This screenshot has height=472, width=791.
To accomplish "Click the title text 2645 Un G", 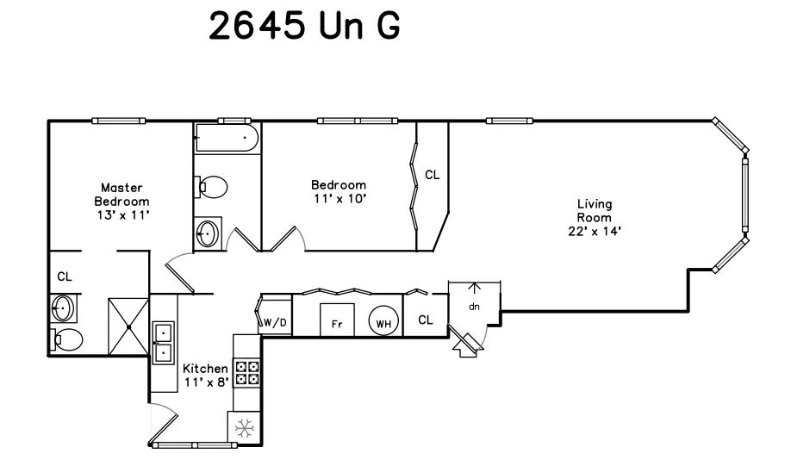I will click(x=305, y=27).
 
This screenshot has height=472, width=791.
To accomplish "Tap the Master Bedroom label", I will click(x=121, y=194).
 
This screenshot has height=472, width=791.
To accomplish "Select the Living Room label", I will click(x=595, y=211).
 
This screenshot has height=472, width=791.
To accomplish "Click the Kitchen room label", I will click(x=206, y=368).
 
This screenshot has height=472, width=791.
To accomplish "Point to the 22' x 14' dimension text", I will click(x=595, y=231).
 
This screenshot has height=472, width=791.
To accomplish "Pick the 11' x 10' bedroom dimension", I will click(x=338, y=199).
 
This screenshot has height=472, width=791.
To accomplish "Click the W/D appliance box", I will click(x=276, y=323).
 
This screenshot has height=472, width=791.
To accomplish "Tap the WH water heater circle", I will click(x=384, y=324).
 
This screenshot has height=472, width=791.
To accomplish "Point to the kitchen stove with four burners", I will click(x=247, y=372).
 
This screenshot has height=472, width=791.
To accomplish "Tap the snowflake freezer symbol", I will click(x=242, y=428).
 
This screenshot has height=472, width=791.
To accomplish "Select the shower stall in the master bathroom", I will click(x=128, y=327).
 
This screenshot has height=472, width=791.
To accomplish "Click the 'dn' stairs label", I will click(x=474, y=306).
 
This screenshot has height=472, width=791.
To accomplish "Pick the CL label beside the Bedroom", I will click(x=432, y=175).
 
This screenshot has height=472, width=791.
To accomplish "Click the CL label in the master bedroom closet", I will click(x=65, y=277).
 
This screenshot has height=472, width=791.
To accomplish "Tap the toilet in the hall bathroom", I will click(x=212, y=186).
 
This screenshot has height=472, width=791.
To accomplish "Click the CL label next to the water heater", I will click(x=426, y=320).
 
